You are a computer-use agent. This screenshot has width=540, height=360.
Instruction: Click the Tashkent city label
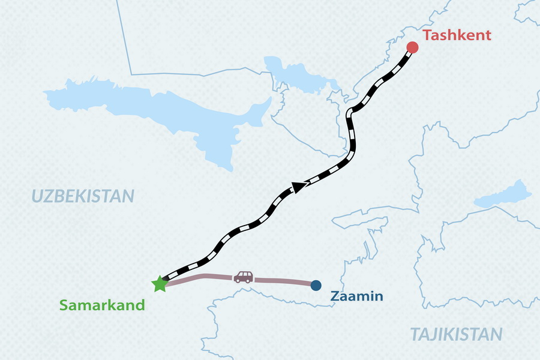[457, 35]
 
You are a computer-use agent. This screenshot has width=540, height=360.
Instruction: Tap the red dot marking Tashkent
[412, 47]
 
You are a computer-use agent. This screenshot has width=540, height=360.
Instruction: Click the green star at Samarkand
[160, 284]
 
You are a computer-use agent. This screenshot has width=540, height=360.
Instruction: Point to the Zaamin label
[356, 296]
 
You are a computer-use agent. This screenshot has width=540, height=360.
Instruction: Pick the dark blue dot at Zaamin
[316, 286]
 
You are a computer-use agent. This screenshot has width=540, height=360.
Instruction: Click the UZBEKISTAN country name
[82, 196]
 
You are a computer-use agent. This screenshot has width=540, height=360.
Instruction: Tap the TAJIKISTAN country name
[456, 334]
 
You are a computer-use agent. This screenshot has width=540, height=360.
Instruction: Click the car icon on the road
[243, 277]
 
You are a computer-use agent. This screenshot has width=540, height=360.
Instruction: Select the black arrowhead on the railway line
[299, 187]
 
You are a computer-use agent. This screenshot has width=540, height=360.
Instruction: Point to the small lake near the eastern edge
[503, 194]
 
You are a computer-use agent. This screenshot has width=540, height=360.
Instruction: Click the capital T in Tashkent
[427, 35]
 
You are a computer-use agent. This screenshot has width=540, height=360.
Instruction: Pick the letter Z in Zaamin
[335, 296]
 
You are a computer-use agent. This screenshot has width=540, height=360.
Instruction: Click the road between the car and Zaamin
[285, 280]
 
